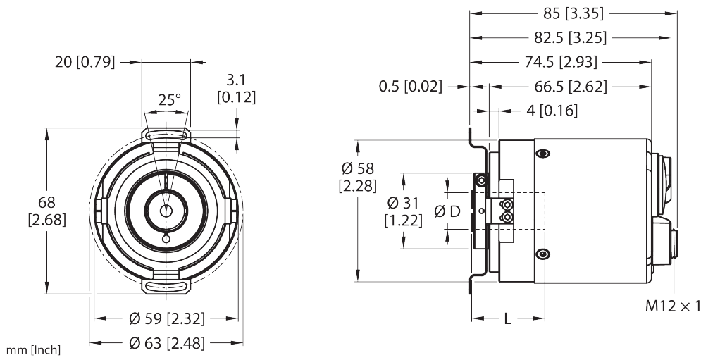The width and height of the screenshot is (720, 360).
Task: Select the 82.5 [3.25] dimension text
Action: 571,37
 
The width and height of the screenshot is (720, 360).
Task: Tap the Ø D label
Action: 447,211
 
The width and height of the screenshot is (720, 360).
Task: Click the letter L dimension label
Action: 507,318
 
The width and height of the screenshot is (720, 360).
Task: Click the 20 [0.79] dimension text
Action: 85,61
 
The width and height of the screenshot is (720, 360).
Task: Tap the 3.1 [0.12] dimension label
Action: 236,87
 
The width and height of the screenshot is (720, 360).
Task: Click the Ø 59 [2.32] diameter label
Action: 167,319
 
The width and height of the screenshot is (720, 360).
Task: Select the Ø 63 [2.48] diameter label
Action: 167,343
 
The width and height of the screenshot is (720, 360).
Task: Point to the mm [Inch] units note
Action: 33,349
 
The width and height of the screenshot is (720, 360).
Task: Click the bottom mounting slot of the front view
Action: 166,285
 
